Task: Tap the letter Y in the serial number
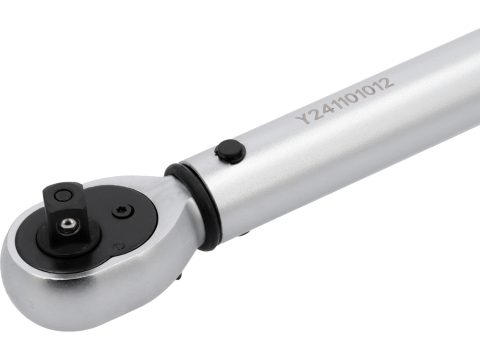pyautogui.click(x=303, y=118)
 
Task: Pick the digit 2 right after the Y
pyautogui.click(x=315, y=113)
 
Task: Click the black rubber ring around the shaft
pyautogui.click(x=195, y=204)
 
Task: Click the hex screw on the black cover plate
pyautogui.click(x=122, y=211)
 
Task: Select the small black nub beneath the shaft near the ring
pyautogui.click(x=244, y=234)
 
